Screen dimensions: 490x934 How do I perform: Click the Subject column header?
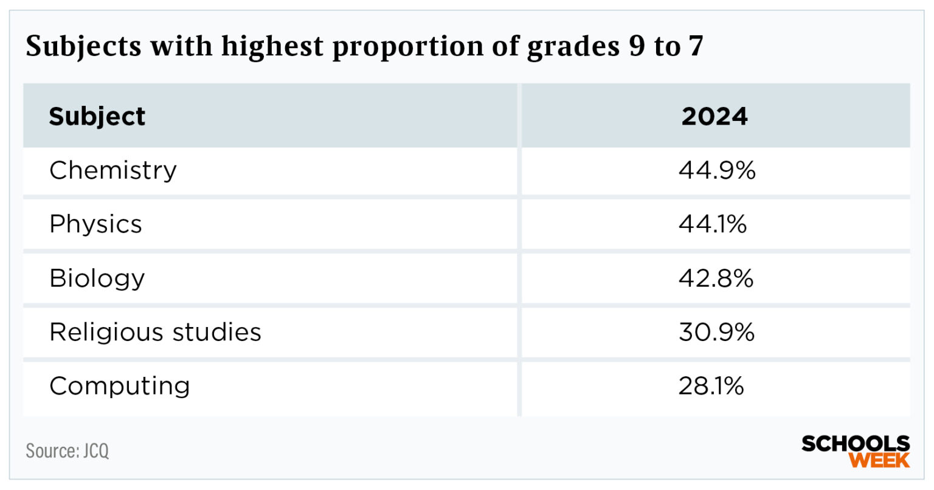(97, 116)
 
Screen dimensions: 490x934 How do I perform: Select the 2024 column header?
(714, 116)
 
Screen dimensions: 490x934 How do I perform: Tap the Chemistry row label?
(113, 170)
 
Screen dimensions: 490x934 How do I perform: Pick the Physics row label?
(95, 224)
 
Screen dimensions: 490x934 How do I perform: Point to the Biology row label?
(97, 278)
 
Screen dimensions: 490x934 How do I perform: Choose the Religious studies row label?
(155, 332)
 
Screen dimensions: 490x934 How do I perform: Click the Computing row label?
(120, 386)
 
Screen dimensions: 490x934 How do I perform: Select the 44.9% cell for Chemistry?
(717, 170)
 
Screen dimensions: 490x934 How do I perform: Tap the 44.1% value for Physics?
(713, 224)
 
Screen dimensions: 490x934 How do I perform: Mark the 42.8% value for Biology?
(716, 278)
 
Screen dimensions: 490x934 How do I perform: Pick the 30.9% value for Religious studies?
(716, 332)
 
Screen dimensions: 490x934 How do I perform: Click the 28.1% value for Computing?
(711, 386)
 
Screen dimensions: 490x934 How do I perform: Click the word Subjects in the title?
(83, 46)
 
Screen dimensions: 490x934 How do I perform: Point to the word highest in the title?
(272, 46)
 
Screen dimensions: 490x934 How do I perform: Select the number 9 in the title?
(636, 46)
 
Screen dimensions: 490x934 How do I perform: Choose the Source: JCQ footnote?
(67, 451)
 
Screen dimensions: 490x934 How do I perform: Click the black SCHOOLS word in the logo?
(856, 444)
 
